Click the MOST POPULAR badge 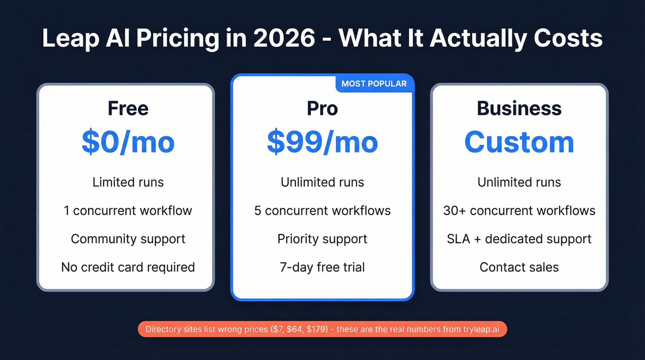[x=374, y=84]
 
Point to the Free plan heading [x=128, y=109]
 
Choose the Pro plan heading [x=322, y=109]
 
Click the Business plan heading [x=519, y=109]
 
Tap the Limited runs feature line [x=128, y=182]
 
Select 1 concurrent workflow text [x=128, y=211]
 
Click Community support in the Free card [x=128, y=239]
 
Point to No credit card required [x=128, y=267]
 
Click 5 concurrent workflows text [x=322, y=211]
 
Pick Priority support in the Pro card [x=322, y=239]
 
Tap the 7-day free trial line [x=322, y=267]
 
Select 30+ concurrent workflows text [x=519, y=211]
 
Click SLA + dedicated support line [x=519, y=239]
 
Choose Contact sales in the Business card [x=519, y=267]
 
